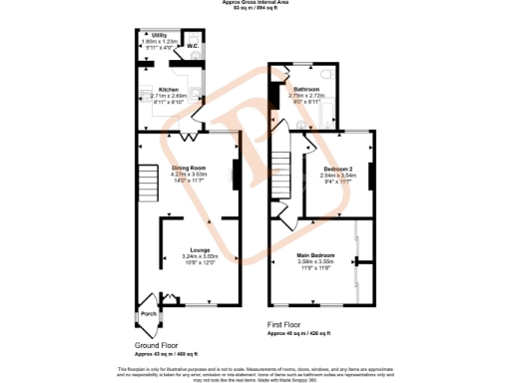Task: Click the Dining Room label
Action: [189, 168]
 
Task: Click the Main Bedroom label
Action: [315, 255]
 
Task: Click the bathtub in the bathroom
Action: [275, 100]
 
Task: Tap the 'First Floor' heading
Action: [285, 324]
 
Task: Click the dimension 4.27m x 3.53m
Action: [189, 174]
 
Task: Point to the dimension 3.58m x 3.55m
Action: [315, 261]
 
